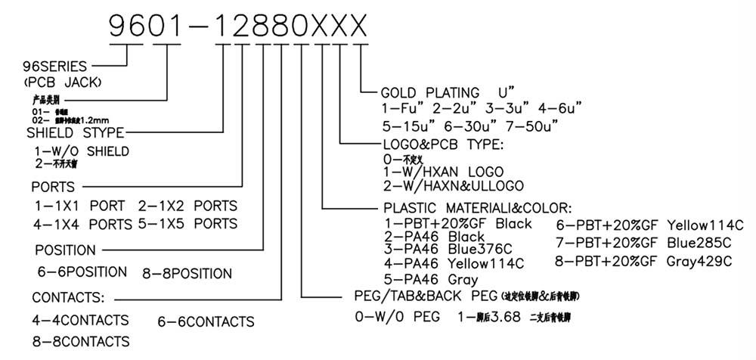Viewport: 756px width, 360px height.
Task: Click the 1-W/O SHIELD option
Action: (x=82, y=151)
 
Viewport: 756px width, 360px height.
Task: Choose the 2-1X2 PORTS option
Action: (x=187, y=206)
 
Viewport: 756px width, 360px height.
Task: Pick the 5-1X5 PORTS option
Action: (x=187, y=224)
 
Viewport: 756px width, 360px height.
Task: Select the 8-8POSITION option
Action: (x=187, y=273)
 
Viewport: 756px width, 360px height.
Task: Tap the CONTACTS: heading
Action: (x=68, y=297)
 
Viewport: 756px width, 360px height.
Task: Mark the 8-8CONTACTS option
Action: (x=80, y=342)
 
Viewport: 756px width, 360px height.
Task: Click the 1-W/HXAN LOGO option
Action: (x=443, y=172)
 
